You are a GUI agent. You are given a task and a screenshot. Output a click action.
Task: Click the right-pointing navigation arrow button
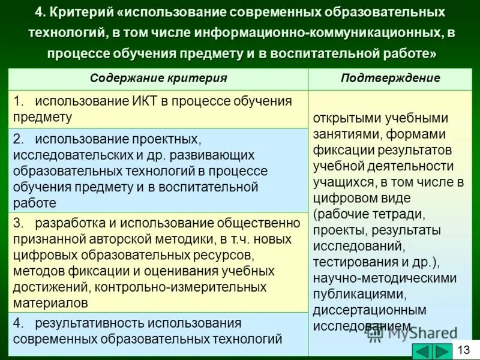tap(442, 352)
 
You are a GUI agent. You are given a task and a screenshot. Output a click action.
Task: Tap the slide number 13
tap(464, 350)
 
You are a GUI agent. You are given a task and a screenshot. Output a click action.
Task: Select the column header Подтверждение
tap(390, 78)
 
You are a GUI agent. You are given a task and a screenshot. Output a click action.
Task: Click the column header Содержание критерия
tap(158, 78)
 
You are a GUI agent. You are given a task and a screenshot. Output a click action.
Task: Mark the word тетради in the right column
tap(403, 214)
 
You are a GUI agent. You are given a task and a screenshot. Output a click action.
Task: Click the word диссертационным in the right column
tap(370, 310)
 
